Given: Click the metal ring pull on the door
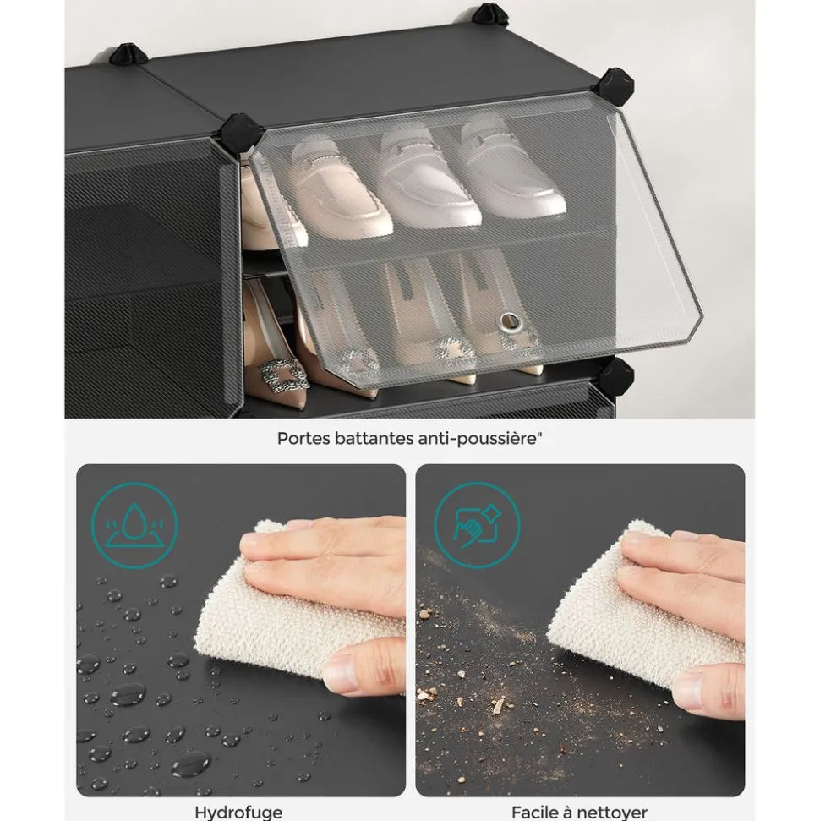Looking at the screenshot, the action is pyautogui.click(x=508, y=321).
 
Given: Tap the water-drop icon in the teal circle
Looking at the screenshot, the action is pyautogui.click(x=134, y=525).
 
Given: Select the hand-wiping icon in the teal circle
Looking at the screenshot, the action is pyautogui.click(x=477, y=525).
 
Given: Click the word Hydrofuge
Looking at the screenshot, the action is pyautogui.click(x=238, y=812).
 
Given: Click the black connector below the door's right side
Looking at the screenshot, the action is pyautogui.click(x=616, y=376).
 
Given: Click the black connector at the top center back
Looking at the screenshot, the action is pyautogui.click(x=489, y=14).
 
